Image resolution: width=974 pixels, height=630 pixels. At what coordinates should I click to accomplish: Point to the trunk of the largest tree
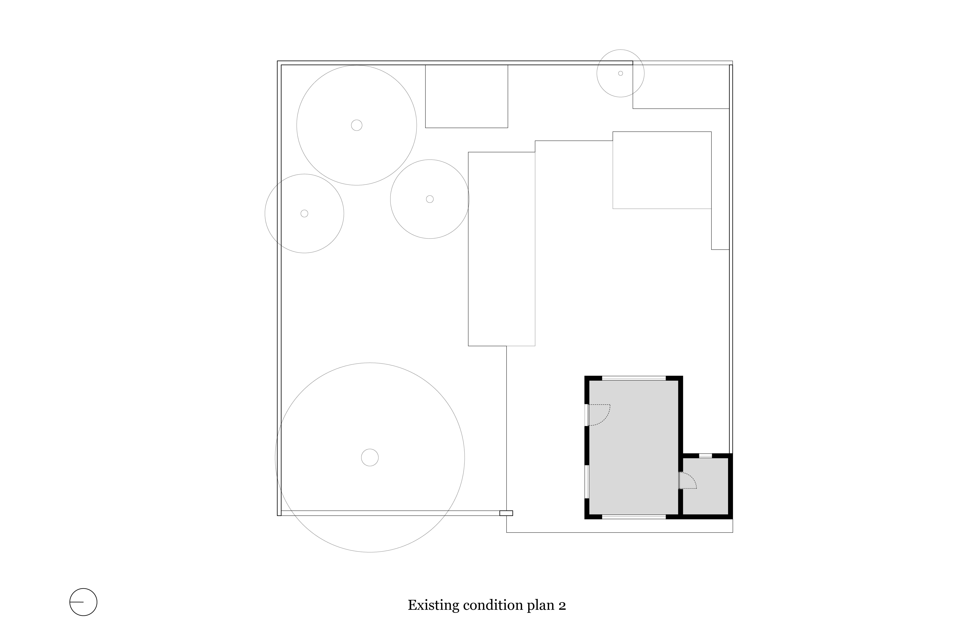click(370, 457)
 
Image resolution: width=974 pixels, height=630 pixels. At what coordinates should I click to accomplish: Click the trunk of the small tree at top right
click(620, 73)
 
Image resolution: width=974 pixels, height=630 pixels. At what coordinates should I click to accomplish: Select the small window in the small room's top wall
click(705, 455)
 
